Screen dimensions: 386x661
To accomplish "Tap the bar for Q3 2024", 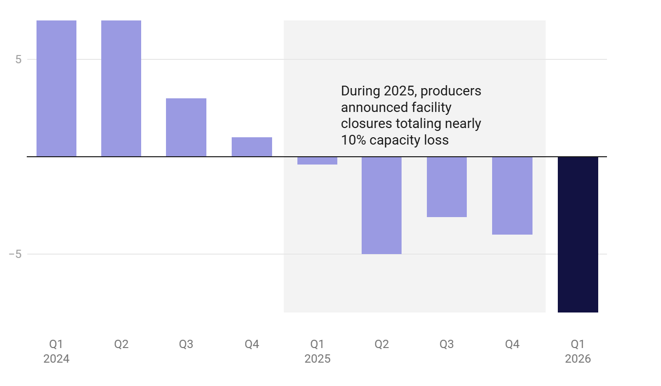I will pos(186,128).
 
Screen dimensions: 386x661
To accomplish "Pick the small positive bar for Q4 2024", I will pos(252,147).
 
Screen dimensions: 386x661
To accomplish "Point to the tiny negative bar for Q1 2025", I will pos(317,161).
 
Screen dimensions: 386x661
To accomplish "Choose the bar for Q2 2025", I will pos(382,205).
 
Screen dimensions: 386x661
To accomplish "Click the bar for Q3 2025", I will pos(447,187).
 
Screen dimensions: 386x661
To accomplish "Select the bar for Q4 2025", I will pos(512,196).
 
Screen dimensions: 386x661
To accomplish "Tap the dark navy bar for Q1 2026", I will pos(578,235).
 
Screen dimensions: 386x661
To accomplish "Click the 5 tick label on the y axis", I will pos(18,60).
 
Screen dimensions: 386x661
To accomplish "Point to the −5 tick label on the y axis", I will pos(15,255).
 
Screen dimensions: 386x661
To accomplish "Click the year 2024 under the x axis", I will pos(56,359).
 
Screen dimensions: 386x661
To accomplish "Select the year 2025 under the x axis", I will pos(317,359).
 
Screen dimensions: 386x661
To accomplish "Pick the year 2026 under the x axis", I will pos(578,359).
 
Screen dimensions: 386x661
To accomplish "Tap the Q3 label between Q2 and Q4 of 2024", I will pos(186,345).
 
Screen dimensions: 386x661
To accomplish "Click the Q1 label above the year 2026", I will pos(578,345).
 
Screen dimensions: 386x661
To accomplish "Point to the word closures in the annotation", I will pos(364,124).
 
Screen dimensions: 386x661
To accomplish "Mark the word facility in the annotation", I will pos(431,108).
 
